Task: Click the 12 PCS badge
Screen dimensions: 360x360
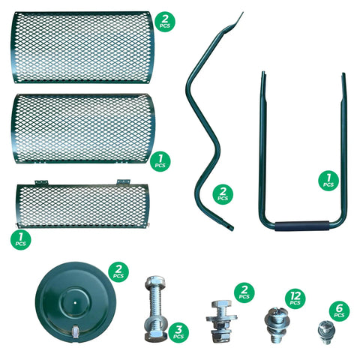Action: [295, 298]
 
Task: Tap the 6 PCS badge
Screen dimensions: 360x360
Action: [339, 311]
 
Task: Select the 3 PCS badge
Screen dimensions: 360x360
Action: [178, 332]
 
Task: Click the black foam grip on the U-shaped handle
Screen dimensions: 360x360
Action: [302, 226]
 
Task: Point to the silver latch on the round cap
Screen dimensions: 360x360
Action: [75, 331]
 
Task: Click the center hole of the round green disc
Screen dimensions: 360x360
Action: [75, 302]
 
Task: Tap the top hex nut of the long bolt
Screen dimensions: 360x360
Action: [155, 283]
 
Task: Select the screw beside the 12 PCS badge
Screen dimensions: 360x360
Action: [276, 325]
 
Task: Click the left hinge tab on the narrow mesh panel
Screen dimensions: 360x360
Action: [41, 182]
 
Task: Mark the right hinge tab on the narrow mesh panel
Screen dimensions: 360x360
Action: [124, 181]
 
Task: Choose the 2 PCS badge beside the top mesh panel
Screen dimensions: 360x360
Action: [165, 22]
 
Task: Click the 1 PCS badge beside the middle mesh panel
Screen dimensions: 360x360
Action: [160, 161]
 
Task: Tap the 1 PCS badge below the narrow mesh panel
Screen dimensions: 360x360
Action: [21, 239]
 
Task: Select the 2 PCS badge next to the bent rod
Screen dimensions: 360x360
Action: [223, 194]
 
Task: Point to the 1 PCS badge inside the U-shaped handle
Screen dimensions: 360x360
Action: [328, 181]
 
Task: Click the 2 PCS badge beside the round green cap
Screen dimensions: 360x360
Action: [118, 272]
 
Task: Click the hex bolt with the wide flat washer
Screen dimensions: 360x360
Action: [221, 321]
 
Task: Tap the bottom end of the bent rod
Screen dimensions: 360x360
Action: [230, 227]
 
